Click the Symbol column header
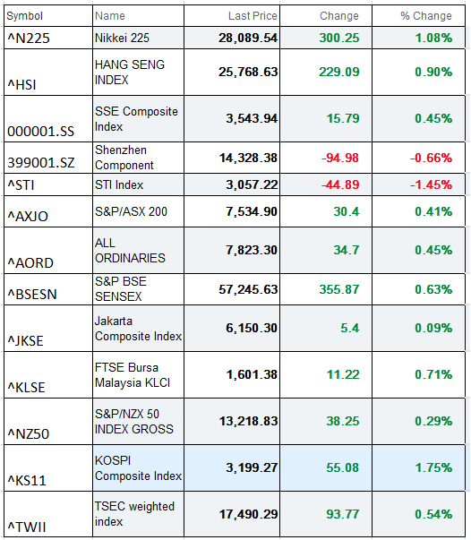click(x=24, y=16)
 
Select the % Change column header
click(x=426, y=16)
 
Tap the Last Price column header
click(x=253, y=16)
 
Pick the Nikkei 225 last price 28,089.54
click(x=248, y=38)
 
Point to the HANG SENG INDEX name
click(x=130, y=72)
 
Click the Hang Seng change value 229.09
click(x=339, y=72)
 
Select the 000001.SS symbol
click(x=40, y=132)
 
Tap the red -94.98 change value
click(x=340, y=158)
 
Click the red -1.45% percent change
click(x=431, y=184)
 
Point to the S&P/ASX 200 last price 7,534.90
click(x=252, y=211)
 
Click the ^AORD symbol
click(x=30, y=263)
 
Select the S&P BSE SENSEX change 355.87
click(x=339, y=289)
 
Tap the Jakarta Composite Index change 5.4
click(x=350, y=328)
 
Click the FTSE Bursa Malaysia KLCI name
click(x=133, y=375)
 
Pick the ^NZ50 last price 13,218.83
click(x=249, y=421)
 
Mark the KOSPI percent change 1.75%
click(x=433, y=467)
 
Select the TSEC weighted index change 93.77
click(x=343, y=514)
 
